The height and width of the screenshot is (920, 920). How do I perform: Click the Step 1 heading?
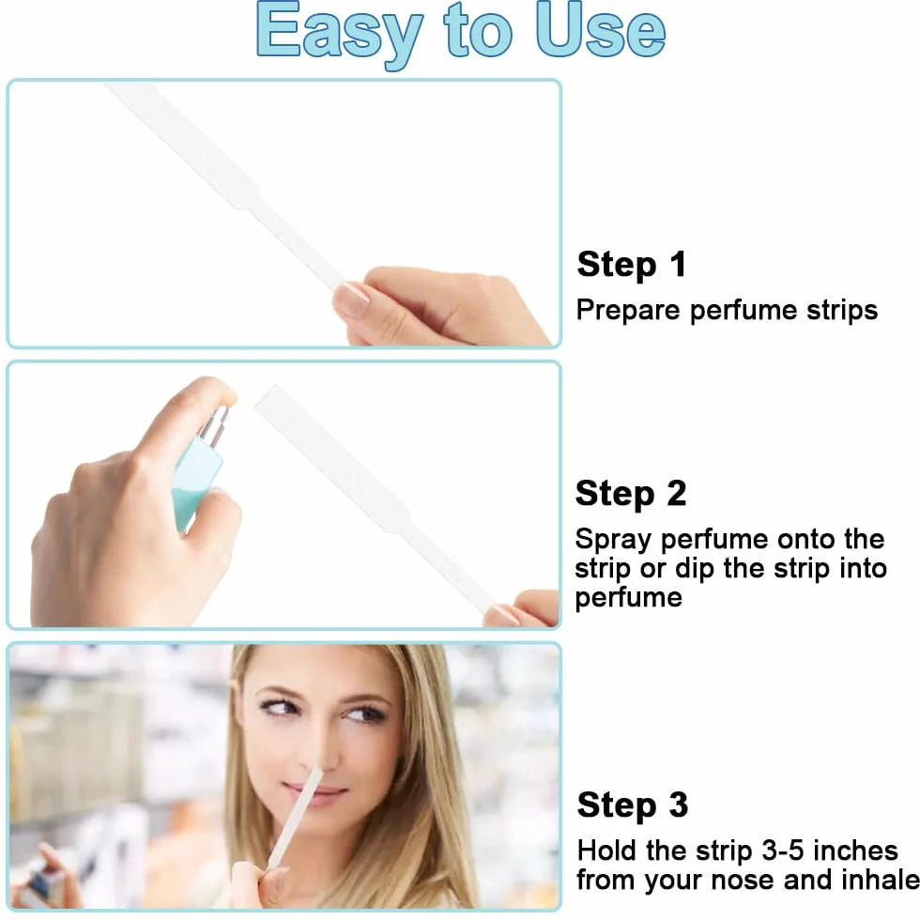[631, 265]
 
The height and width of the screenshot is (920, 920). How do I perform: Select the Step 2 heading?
[631, 494]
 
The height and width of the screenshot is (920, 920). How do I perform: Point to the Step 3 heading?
[633, 805]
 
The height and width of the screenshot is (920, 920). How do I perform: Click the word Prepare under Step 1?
[628, 311]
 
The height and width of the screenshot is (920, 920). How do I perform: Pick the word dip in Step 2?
[695, 569]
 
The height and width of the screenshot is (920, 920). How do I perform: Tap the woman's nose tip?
[314, 762]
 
